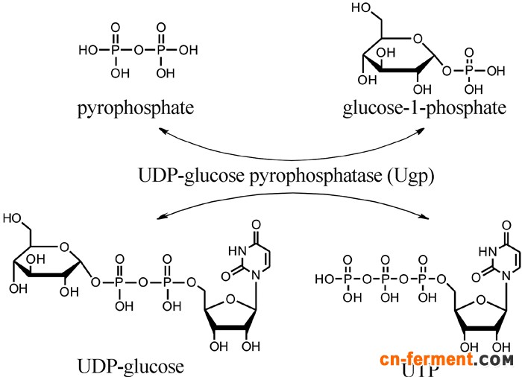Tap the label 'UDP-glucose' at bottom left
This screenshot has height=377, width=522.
point(130,366)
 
